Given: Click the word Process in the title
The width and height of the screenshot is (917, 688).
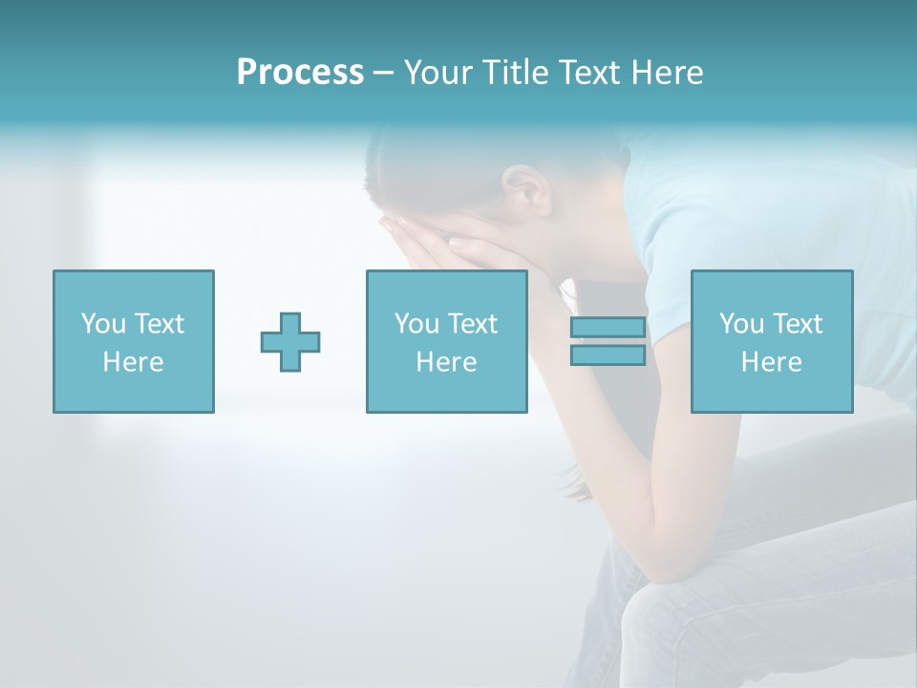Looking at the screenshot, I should (300, 73).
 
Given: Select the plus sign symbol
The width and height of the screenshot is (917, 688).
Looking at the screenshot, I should (290, 342).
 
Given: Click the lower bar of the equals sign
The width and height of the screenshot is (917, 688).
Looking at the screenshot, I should (608, 355).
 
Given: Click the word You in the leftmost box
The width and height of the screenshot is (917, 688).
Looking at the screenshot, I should (103, 324).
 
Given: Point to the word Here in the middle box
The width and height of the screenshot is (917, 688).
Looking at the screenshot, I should (446, 362).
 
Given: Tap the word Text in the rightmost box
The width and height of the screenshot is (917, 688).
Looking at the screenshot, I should (796, 324).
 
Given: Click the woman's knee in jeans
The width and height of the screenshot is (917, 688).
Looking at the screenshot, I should (669, 612).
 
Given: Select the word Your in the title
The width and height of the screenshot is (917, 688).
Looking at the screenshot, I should (438, 73).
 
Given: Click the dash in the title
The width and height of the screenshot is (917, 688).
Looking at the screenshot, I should (384, 73).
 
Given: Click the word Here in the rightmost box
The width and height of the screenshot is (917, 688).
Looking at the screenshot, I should (771, 362).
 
